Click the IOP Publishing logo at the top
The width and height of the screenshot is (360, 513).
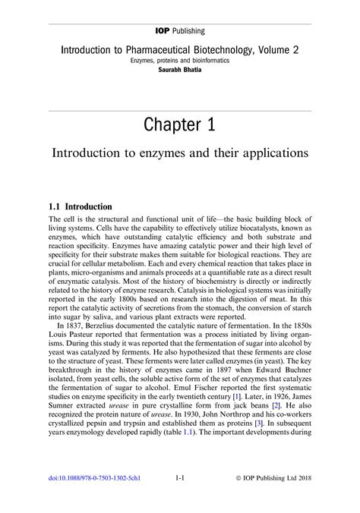(180, 31)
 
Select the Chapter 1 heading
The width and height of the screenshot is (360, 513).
(180, 124)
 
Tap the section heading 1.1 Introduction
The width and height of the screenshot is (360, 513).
(80, 206)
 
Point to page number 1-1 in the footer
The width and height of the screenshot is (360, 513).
(181, 479)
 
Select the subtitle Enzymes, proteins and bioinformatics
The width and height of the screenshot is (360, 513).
(180, 59)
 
